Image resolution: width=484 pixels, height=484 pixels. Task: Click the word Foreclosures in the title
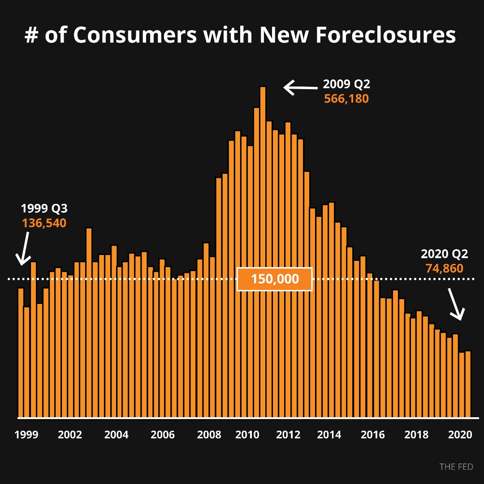[x=385, y=35]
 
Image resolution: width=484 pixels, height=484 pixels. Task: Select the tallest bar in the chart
[x=263, y=251]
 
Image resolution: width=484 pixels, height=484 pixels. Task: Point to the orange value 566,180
[x=346, y=99]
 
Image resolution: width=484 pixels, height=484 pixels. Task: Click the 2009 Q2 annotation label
[x=346, y=84]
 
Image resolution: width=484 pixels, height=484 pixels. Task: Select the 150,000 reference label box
[x=274, y=279]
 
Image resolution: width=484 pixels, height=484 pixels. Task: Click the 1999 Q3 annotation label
[x=44, y=208]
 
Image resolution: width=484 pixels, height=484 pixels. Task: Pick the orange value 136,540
[x=44, y=223]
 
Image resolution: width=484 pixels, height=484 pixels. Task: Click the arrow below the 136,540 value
[x=23, y=249]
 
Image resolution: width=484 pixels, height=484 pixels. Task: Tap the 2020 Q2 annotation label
[x=444, y=254]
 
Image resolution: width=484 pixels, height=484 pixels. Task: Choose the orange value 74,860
[x=444, y=268]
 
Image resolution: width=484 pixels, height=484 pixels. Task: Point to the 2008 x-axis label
[x=209, y=435]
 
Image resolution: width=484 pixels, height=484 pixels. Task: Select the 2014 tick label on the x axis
[x=329, y=435]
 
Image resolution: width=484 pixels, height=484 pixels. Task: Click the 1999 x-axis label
[x=26, y=435]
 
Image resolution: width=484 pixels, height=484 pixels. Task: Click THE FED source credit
[x=456, y=467]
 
